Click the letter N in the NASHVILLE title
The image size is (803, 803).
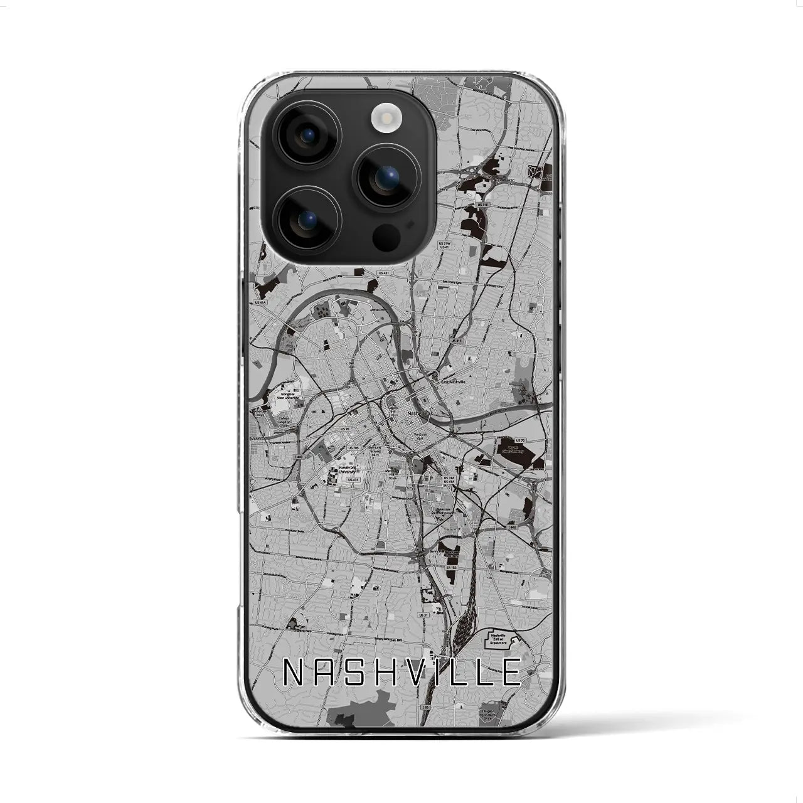(292, 672)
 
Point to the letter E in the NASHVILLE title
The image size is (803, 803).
(511, 672)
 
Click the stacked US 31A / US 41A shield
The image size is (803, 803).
(449, 480)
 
